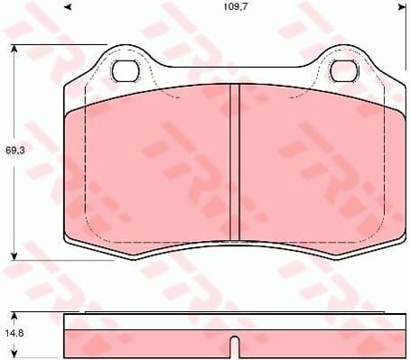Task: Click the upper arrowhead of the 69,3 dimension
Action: [16, 48]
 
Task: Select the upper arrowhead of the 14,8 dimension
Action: [16, 315]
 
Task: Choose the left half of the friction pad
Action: [149, 167]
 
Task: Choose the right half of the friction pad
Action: [316, 167]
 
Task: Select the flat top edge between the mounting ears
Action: [233, 69]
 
